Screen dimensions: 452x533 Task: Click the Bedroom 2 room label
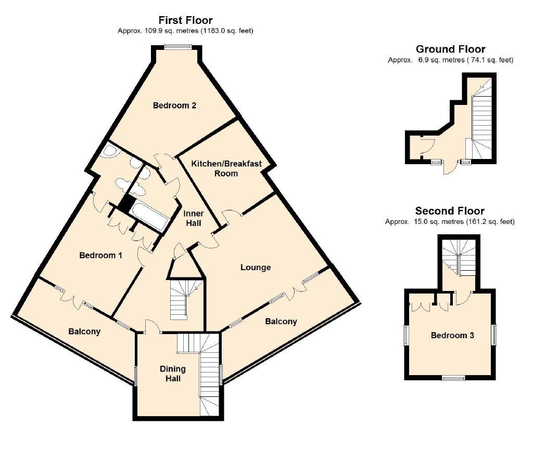click(x=174, y=105)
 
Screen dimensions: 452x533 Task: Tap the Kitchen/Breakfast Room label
click(x=226, y=168)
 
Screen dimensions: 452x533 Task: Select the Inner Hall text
click(x=194, y=218)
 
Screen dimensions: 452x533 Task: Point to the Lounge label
click(x=256, y=268)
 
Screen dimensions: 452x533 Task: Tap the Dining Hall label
click(x=172, y=374)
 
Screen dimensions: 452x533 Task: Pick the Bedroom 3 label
click(x=452, y=335)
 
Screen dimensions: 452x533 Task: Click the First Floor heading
click(x=186, y=20)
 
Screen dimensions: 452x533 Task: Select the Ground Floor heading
click(x=450, y=49)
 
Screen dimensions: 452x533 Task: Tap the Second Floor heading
click(x=450, y=210)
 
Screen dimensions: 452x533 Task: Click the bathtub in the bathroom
click(x=149, y=217)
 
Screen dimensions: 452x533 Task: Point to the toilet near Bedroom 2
click(x=110, y=151)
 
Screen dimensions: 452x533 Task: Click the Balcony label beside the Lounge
click(x=281, y=322)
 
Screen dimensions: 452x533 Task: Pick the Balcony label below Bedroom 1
click(x=85, y=331)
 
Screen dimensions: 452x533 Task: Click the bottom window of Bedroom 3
click(x=453, y=378)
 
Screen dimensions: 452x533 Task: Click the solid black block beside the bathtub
click(x=125, y=203)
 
